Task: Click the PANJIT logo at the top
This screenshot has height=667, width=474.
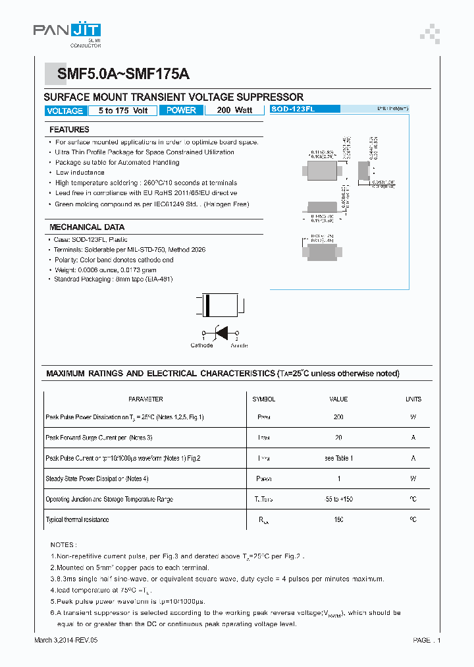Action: [x=67, y=32]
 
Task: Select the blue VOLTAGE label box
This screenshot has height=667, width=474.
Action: [x=65, y=111]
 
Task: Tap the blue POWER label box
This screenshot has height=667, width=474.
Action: [x=181, y=111]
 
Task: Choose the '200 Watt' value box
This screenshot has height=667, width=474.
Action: [x=234, y=111]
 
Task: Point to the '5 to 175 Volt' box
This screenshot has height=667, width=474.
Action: [x=122, y=111]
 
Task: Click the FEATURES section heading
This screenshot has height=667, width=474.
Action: [x=69, y=130]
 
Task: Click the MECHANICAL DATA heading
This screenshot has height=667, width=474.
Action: [x=86, y=227]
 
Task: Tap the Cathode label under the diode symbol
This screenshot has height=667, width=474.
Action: [x=201, y=345]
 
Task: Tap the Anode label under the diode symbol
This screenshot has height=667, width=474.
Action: [x=239, y=345]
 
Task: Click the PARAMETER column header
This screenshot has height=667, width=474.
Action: [x=145, y=399]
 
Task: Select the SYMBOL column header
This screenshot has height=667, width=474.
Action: [x=263, y=399]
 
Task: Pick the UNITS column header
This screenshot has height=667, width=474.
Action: [x=413, y=399]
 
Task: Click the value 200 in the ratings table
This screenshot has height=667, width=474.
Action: [x=338, y=417]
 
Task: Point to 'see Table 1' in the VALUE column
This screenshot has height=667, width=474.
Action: [x=338, y=458]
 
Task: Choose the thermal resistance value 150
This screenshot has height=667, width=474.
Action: [x=338, y=520]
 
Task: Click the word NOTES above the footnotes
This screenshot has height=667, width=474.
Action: [x=64, y=545]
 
